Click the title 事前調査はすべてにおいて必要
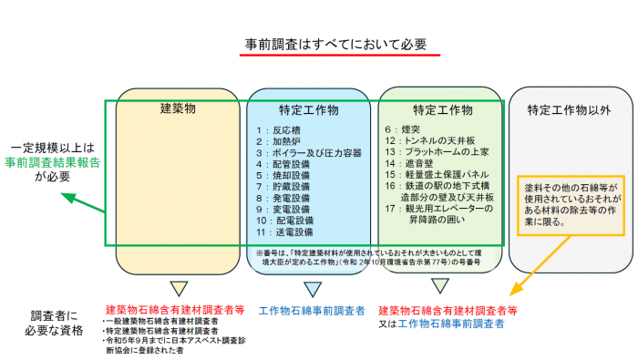click(336, 43)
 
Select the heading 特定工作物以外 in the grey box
click(569, 110)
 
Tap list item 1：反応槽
click(277, 130)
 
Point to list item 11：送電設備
click(283, 231)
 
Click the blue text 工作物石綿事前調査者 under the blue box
click(312, 310)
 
